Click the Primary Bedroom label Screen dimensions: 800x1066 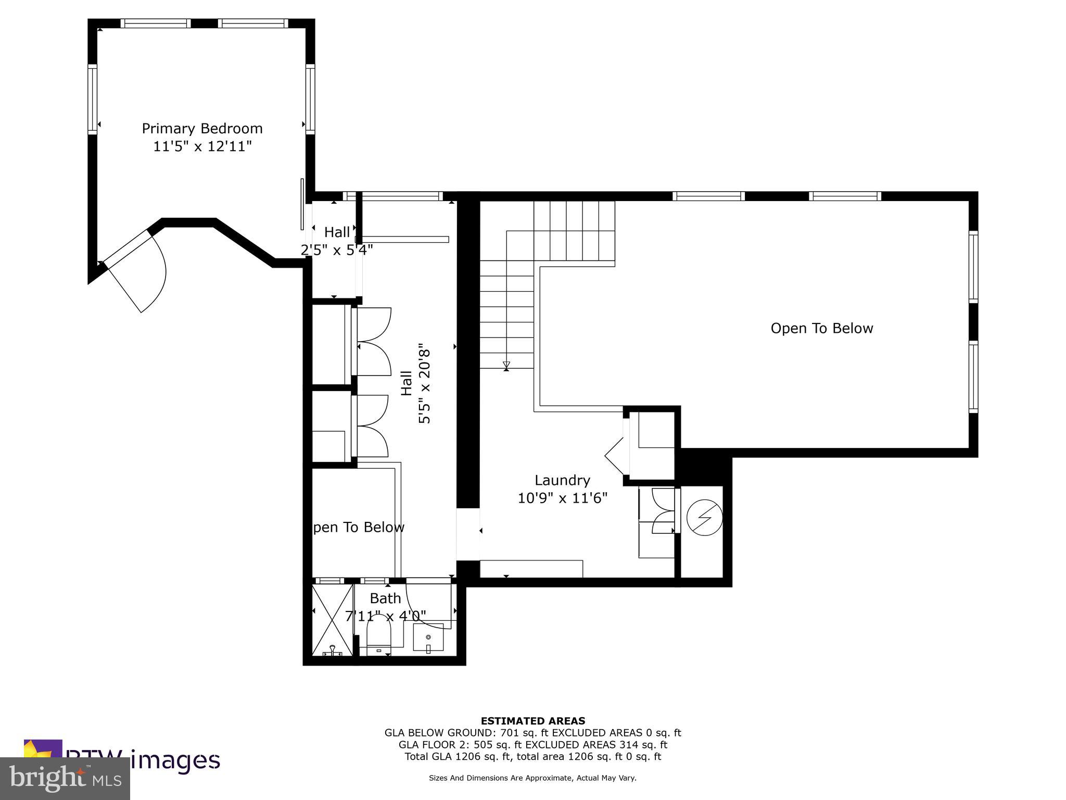pyautogui.click(x=202, y=129)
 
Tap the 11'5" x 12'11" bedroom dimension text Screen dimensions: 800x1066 pyautogui.click(x=202, y=146)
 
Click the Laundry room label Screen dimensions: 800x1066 pyautogui.click(x=562, y=480)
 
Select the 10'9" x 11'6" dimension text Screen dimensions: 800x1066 pyautogui.click(x=562, y=498)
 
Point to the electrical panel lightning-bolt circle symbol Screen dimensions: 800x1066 pyautogui.click(x=704, y=518)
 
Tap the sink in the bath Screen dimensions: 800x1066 pyautogui.click(x=428, y=639)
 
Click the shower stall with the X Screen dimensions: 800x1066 pyautogui.click(x=332, y=620)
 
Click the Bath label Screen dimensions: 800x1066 pyautogui.click(x=385, y=598)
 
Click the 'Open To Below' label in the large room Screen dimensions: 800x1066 pyautogui.click(x=821, y=329)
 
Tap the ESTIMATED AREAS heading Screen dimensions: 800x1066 pyautogui.click(x=532, y=721)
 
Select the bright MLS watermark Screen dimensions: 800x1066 pyautogui.click(x=65, y=779)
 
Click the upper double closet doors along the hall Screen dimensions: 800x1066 pyautogui.click(x=373, y=341)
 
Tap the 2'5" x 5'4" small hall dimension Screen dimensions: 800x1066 pyautogui.click(x=337, y=251)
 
